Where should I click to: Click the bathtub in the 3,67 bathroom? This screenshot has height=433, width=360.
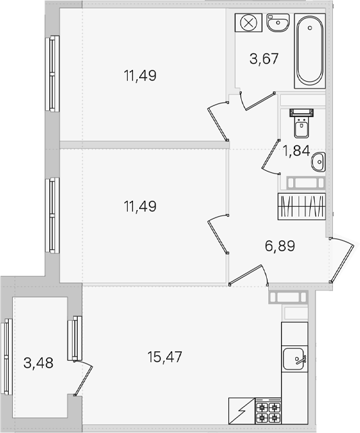[x=310, y=51]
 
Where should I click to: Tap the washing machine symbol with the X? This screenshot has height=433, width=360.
[x=249, y=22]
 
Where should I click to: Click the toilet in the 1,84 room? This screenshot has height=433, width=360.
[x=301, y=124]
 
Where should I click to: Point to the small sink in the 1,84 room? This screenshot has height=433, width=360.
[x=318, y=161]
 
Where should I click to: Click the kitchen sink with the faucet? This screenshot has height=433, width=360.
[x=294, y=359]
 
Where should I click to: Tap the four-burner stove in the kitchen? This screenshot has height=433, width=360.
[x=267, y=411]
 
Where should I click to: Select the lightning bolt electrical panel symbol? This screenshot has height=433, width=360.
[x=242, y=411]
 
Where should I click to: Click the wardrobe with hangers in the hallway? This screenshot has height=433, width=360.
[x=302, y=206]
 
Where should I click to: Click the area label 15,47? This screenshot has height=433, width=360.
[x=165, y=357]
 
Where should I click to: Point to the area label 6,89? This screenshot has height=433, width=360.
[x=280, y=246]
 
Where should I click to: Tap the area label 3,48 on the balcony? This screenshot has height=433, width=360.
[x=38, y=363]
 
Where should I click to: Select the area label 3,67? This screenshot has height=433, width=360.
[x=264, y=59]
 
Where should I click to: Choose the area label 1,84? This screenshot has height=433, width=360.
[x=296, y=151]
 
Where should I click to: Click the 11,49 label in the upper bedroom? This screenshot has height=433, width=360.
[x=140, y=76]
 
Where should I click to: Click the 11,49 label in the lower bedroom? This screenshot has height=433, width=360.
[x=140, y=206]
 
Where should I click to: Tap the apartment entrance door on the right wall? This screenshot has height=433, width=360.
[x=342, y=260]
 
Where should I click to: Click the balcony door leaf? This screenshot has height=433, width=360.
[x=83, y=378]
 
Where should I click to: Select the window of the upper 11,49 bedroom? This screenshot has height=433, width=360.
[x=53, y=74]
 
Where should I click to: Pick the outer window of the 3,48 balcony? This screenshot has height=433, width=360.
[x=6, y=357]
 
